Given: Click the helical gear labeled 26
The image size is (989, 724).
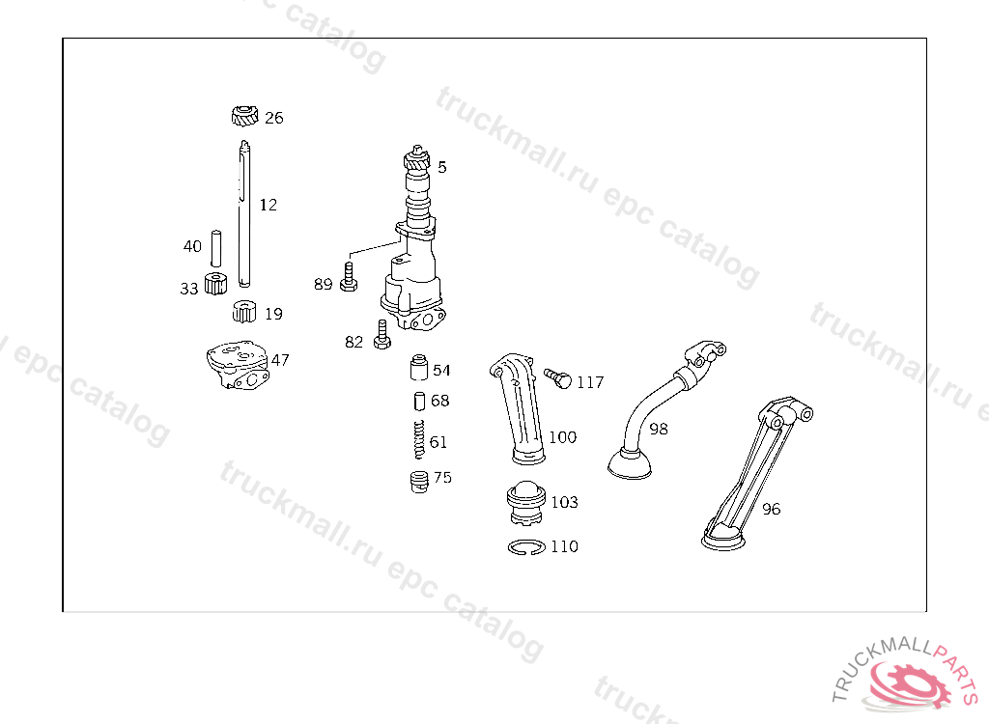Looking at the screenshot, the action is pos(244,116).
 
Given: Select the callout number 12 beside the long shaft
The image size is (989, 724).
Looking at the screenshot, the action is pos(268,205).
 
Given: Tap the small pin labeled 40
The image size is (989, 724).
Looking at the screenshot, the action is pos(215,248).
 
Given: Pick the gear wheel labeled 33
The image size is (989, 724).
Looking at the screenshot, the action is pos(215,284).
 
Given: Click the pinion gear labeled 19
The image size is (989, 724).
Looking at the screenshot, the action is pos(244,312).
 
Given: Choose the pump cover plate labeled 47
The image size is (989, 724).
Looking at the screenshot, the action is pos(238,365).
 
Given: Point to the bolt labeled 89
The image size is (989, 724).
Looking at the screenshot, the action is pos(348,277).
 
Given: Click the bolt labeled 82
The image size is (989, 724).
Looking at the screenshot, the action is pos(382,335).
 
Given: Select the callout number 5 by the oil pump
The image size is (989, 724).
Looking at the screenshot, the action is pos(442,167).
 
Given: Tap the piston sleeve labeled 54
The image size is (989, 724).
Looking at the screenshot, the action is pos(419,368).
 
